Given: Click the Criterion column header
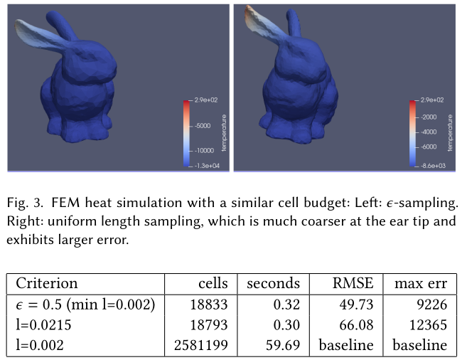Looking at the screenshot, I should (47, 283).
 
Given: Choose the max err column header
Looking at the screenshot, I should (421, 283).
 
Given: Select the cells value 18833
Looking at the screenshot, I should (208, 305).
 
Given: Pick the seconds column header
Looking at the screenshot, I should (274, 283).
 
